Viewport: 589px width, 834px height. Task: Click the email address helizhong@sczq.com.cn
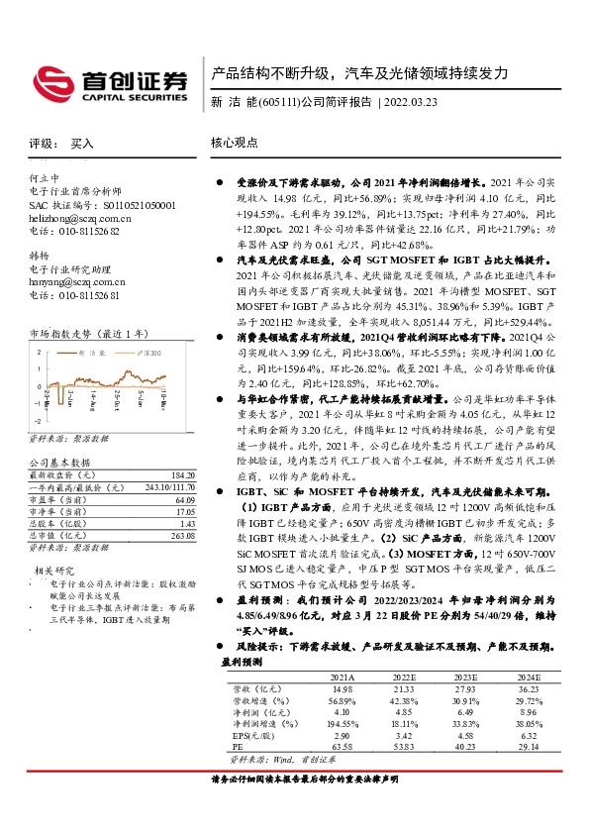[x=80, y=217]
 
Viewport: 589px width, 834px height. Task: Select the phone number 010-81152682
[x=74, y=230]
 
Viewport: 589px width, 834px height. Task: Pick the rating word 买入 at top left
[x=82, y=144]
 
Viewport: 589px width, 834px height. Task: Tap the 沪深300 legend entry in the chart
[x=146, y=353]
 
